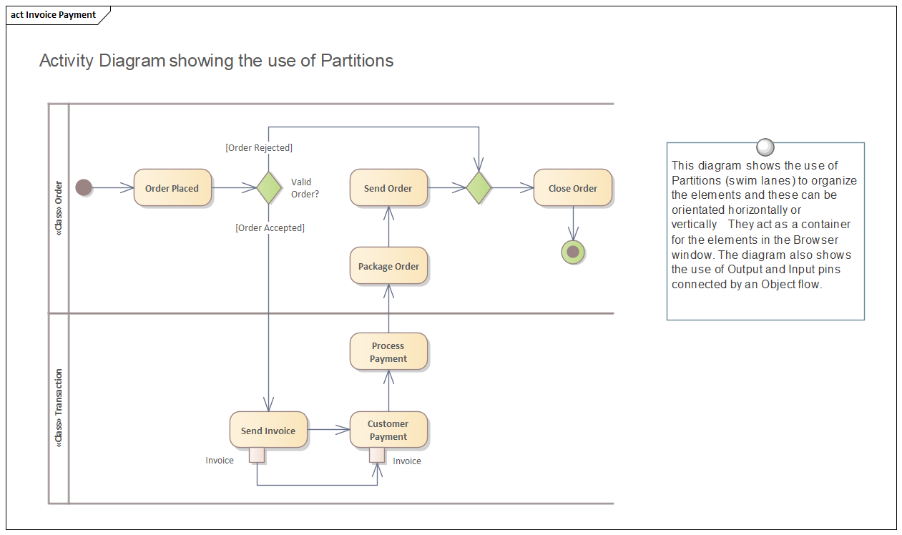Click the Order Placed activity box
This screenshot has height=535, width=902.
(x=172, y=188)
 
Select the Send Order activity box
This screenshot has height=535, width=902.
(x=388, y=188)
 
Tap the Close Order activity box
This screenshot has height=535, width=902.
(x=572, y=188)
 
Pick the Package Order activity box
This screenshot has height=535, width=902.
(x=388, y=266)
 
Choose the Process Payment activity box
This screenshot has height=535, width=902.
(x=388, y=352)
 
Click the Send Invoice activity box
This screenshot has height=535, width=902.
(x=268, y=431)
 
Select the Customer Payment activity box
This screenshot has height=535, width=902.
(x=388, y=430)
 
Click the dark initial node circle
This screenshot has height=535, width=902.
(x=84, y=188)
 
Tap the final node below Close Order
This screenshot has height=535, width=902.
(x=573, y=252)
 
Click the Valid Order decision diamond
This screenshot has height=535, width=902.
(x=268, y=188)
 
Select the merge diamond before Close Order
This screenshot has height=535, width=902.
(x=479, y=188)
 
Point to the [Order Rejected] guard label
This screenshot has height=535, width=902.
(x=259, y=148)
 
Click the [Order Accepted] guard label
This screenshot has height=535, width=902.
(x=270, y=227)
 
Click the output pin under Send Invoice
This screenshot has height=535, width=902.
(x=257, y=455)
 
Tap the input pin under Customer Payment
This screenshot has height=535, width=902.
(x=377, y=455)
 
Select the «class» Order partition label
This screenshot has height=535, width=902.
(x=59, y=208)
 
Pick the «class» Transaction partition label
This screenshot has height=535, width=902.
(x=59, y=408)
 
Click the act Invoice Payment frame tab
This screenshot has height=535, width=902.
(x=54, y=15)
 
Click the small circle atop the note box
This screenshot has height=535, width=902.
(x=765, y=147)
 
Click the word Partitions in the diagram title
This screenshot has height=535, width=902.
(x=357, y=61)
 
